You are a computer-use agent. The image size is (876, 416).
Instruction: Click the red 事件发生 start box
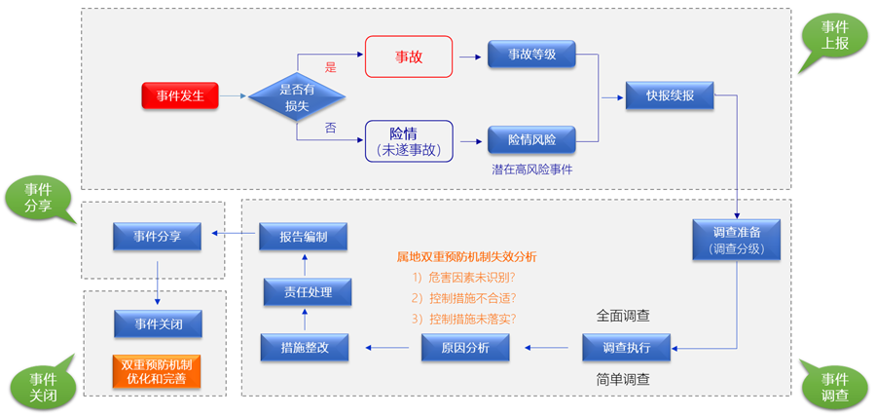point(179,95)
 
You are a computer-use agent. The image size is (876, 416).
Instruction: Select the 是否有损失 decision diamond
point(297,95)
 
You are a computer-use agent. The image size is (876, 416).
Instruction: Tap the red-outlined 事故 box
point(409,57)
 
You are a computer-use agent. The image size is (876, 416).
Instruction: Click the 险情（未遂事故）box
point(409,140)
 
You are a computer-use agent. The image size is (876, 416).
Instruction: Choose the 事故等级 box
point(531,56)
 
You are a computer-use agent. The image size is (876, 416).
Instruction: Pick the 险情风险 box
point(531,140)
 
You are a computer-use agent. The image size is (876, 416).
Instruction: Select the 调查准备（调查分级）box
point(736,239)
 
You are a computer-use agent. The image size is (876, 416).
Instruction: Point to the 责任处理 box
point(303,292)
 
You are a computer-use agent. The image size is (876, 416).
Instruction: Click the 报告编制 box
point(303,237)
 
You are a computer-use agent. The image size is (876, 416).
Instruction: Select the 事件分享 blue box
point(157,237)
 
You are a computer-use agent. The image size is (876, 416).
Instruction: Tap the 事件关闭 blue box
point(157,322)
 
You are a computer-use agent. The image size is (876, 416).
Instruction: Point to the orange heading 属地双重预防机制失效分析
point(466,256)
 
